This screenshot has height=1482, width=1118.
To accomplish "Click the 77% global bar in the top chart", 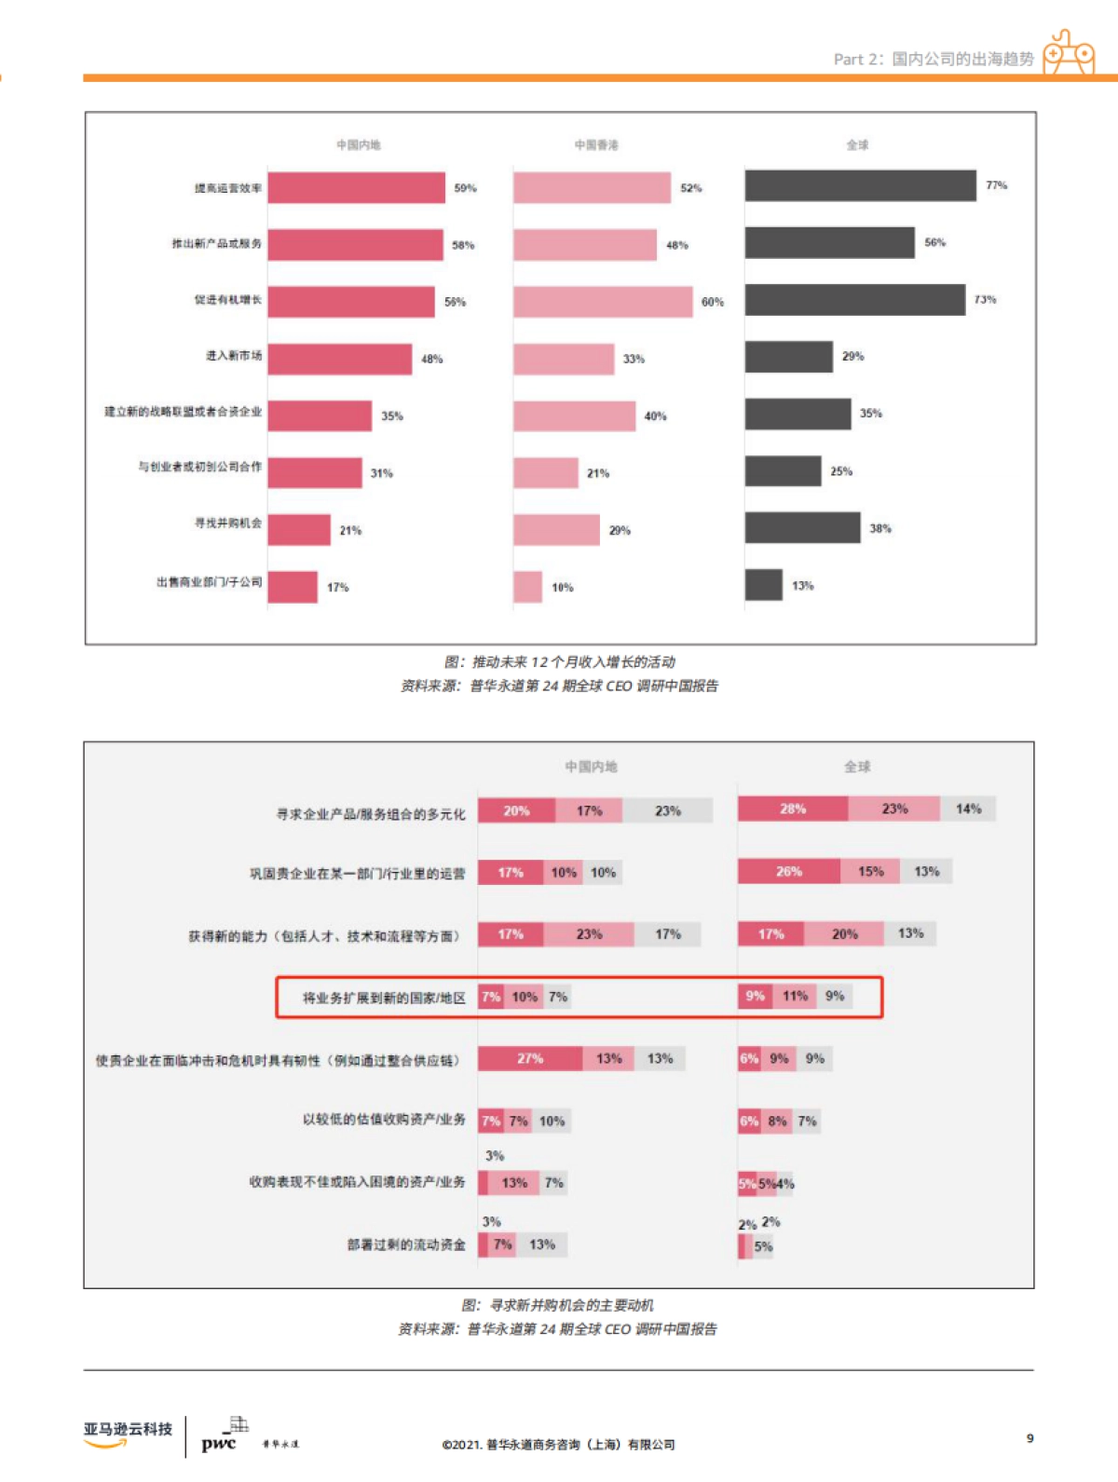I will pyautogui.click(x=860, y=186).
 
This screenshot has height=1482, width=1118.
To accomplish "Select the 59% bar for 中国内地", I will pyautogui.click(x=356, y=188).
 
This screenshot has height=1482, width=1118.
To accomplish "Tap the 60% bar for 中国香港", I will pyautogui.click(x=603, y=302).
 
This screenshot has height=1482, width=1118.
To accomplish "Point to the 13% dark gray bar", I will pyautogui.click(x=763, y=585).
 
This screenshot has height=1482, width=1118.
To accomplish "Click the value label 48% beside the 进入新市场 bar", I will pyautogui.click(x=431, y=360).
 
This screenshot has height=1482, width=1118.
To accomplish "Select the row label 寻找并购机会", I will pyautogui.click(x=228, y=523).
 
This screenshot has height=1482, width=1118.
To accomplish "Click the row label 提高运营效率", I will pyautogui.click(x=228, y=188).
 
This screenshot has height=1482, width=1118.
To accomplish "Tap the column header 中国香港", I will pyautogui.click(x=596, y=145).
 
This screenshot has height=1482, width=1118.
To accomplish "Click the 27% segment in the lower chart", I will pyautogui.click(x=530, y=1059).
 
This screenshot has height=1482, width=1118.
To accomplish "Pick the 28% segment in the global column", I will pyautogui.click(x=793, y=809).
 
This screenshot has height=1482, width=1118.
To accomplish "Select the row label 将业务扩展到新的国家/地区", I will pyautogui.click(x=384, y=998).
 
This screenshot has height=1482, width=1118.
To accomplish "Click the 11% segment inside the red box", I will pyautogui.click(x=795, y=997).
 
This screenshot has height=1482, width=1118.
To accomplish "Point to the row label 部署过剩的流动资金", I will pyautogui.click(x=406, y=1245).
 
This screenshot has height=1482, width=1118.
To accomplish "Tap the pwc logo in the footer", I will pyautogui.click(x=219, y=1443).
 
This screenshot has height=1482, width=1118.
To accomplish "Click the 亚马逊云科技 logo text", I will pyautogui.click(x=128, y=1430).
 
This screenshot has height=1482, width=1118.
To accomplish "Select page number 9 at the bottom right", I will pyautogui.click(x=1029, y=1438).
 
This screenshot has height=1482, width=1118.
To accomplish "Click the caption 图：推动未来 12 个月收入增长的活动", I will pyautogui.click(x=559, y=662).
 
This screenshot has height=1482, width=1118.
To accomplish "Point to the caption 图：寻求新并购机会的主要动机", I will pyautogui.click(x=557, y=1305).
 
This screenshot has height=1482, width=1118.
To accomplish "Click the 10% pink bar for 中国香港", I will pyautogui.click(x=527, y=587).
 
